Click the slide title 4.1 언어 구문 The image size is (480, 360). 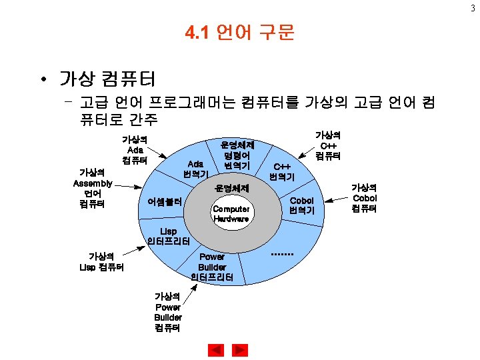[x=239, y=33]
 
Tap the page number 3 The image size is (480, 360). [x=474, y=7]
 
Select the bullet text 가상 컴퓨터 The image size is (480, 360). [x=107, y=79]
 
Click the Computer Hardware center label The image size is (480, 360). [x=231, y=213]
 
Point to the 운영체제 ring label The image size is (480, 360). [x=231, y=189]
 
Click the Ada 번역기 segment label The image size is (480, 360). [x=195, y=169]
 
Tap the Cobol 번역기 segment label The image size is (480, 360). [x=301, y=205]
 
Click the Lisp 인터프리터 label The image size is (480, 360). [x=169, y=235]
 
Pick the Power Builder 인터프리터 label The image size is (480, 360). [x=212, y=267]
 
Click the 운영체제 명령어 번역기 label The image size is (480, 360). [x=237, y=154]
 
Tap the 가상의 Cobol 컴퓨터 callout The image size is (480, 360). [x=364, y=198]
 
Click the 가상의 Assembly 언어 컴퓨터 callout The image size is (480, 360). [x=92, y=188]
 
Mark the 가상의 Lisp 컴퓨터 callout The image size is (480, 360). [x=101, y=261]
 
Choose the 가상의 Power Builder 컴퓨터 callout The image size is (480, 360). [x=167, y=312]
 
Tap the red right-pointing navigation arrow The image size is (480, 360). [x=240, y=349]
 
